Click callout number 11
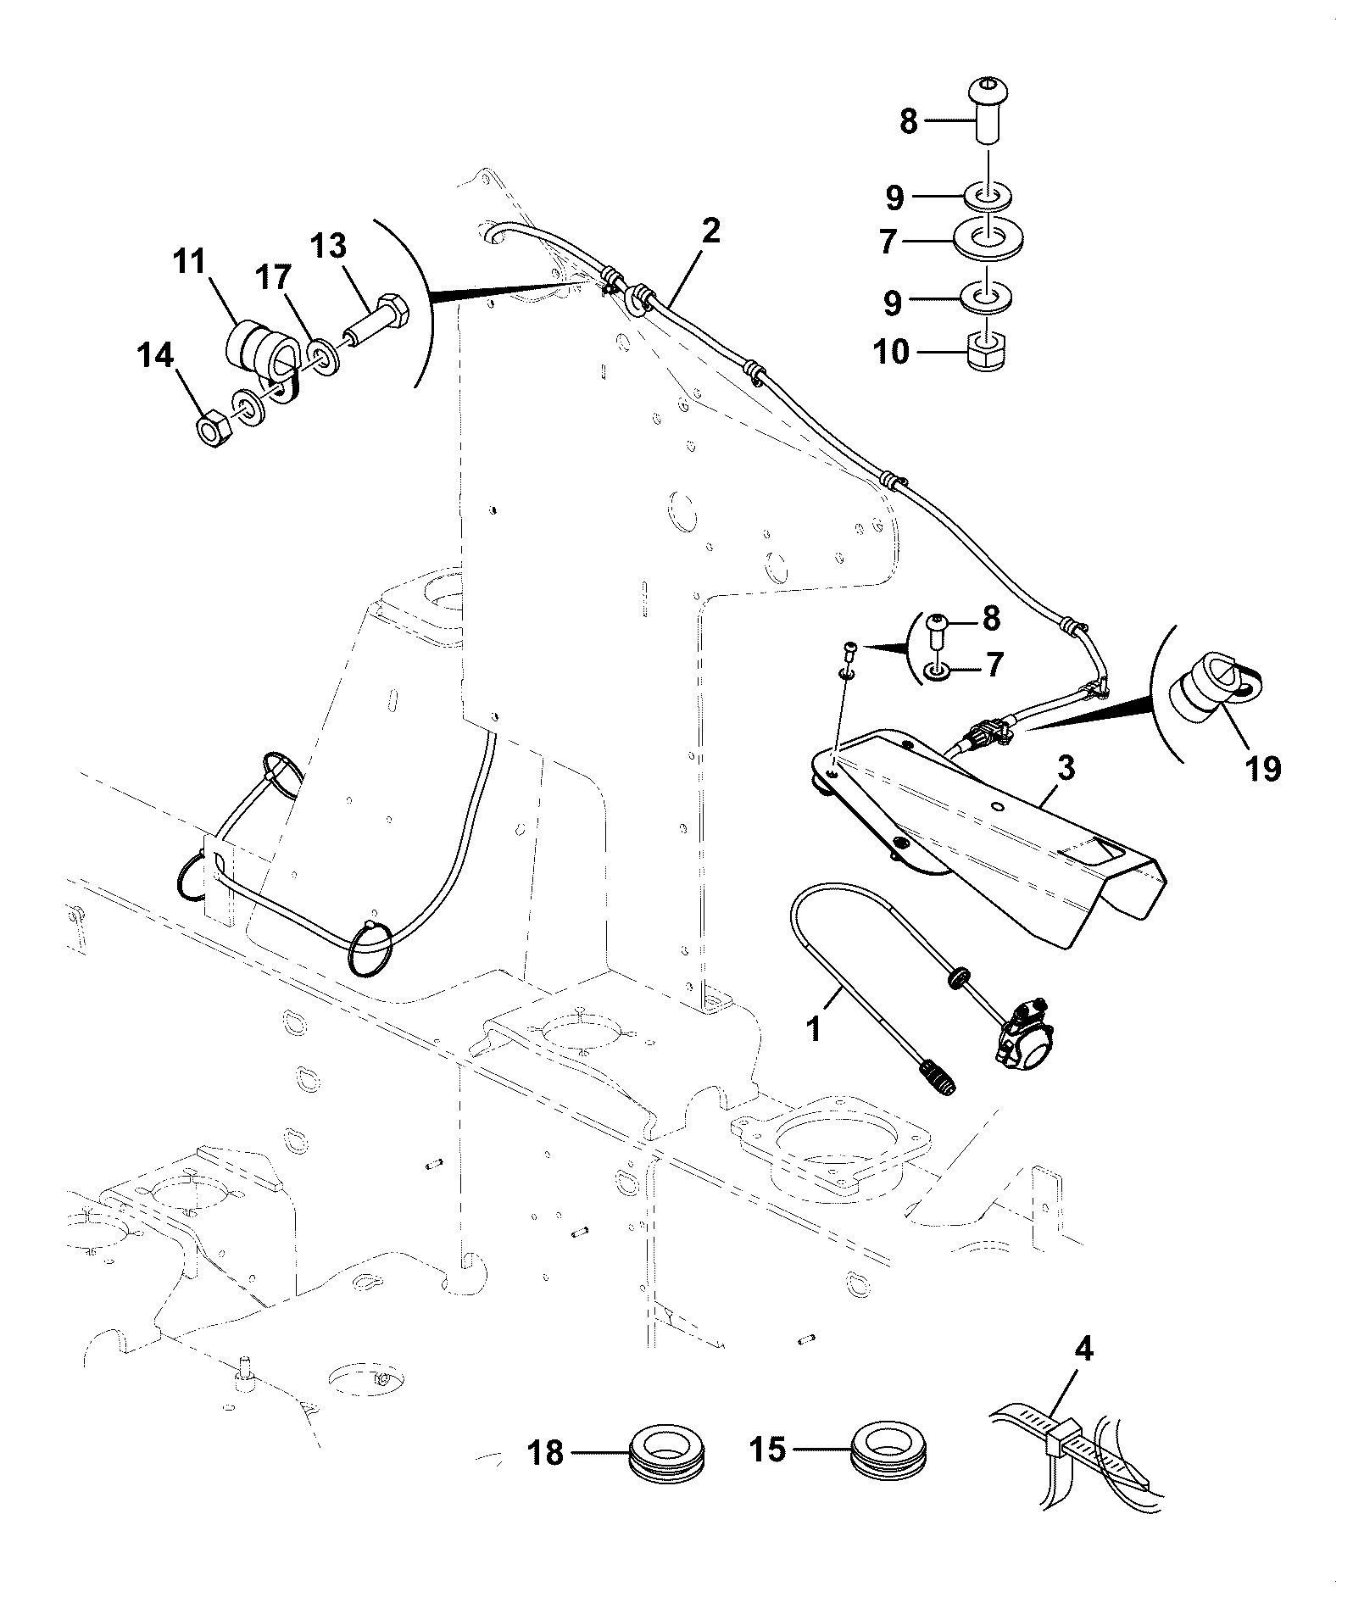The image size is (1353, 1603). coord(191,263)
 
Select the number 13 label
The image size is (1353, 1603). coord(328,247)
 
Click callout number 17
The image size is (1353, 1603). coord(274,279)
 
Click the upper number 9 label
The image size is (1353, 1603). coord(895,199)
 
